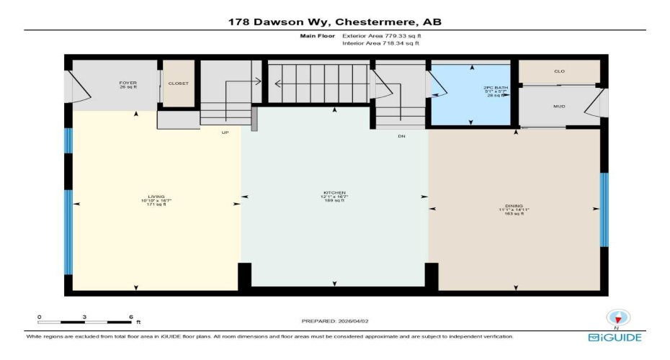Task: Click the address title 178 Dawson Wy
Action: click(x=334, y=22)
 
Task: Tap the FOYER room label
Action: click(x=128, y=84)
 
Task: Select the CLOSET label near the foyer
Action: click(x=178, y=84)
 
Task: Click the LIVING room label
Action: click(x=156, y=196)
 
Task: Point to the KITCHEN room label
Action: click(x=334, y=193)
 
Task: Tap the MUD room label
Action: click(x=559, y=107)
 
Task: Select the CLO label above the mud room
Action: click(x=559, y=72)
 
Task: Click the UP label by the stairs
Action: click(x=225, y=132)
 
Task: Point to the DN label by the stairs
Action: click(x=402, y=135)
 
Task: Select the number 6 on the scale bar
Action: click(x=130, y=317)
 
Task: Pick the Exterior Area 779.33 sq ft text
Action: click(x=380, y=35)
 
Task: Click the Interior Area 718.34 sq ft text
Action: click(x=380, y=43)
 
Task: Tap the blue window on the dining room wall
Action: click(x=604, y=210)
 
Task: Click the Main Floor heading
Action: click(x=313, y=35)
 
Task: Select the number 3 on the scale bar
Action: click(x=84, y=317)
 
